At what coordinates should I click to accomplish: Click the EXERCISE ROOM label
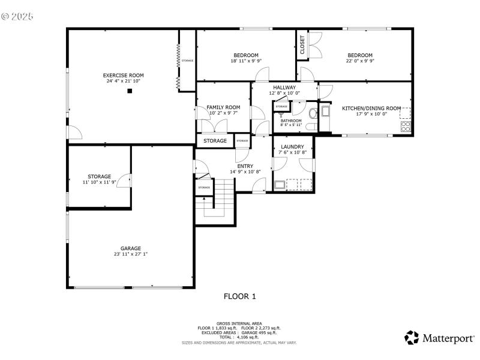123,75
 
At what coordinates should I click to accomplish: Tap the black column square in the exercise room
129,91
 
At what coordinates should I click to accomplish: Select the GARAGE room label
130,248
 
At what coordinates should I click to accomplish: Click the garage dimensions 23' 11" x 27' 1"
130,254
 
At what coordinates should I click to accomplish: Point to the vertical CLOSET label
302,46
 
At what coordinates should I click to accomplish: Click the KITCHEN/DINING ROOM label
371,108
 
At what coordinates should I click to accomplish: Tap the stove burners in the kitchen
406,126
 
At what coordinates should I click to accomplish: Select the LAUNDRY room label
292,146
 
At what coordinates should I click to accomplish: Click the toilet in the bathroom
312,114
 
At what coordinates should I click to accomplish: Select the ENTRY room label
245,166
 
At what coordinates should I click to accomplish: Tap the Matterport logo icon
412,338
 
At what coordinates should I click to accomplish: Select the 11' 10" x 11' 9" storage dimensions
99,182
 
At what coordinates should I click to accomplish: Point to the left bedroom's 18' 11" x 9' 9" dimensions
246,61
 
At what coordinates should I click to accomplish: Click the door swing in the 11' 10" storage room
124,179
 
